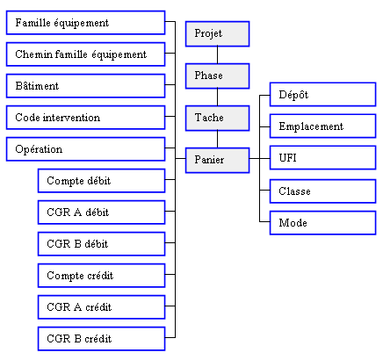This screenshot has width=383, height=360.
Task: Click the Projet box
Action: click(217, 33)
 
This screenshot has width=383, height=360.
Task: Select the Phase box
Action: click(217, 76)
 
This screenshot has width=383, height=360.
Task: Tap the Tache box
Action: click(217, 118)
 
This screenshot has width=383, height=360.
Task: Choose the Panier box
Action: click(217, 160)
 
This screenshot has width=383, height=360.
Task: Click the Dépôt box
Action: click(322, 95)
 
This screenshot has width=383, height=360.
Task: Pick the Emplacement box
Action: click(322, 126)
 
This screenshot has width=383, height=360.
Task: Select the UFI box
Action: click(322, 158)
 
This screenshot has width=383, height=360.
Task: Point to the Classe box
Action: click(322, 191)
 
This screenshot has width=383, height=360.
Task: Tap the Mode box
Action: click(322, 223)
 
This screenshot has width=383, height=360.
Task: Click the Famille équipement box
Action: click(85, 23)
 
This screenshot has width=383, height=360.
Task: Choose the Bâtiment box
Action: click(85, 86)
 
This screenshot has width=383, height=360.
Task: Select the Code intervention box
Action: click(85, 118)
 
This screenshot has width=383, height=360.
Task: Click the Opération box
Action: click(85, 149)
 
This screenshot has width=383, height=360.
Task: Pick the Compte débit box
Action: click(101, 181)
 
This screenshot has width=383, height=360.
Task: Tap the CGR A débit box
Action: click(101, 212)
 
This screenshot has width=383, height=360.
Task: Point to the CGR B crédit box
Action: click(101, 339)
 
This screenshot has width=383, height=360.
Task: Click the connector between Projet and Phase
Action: click(217, 55)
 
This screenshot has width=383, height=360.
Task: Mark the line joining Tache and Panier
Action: click(217, 140)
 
